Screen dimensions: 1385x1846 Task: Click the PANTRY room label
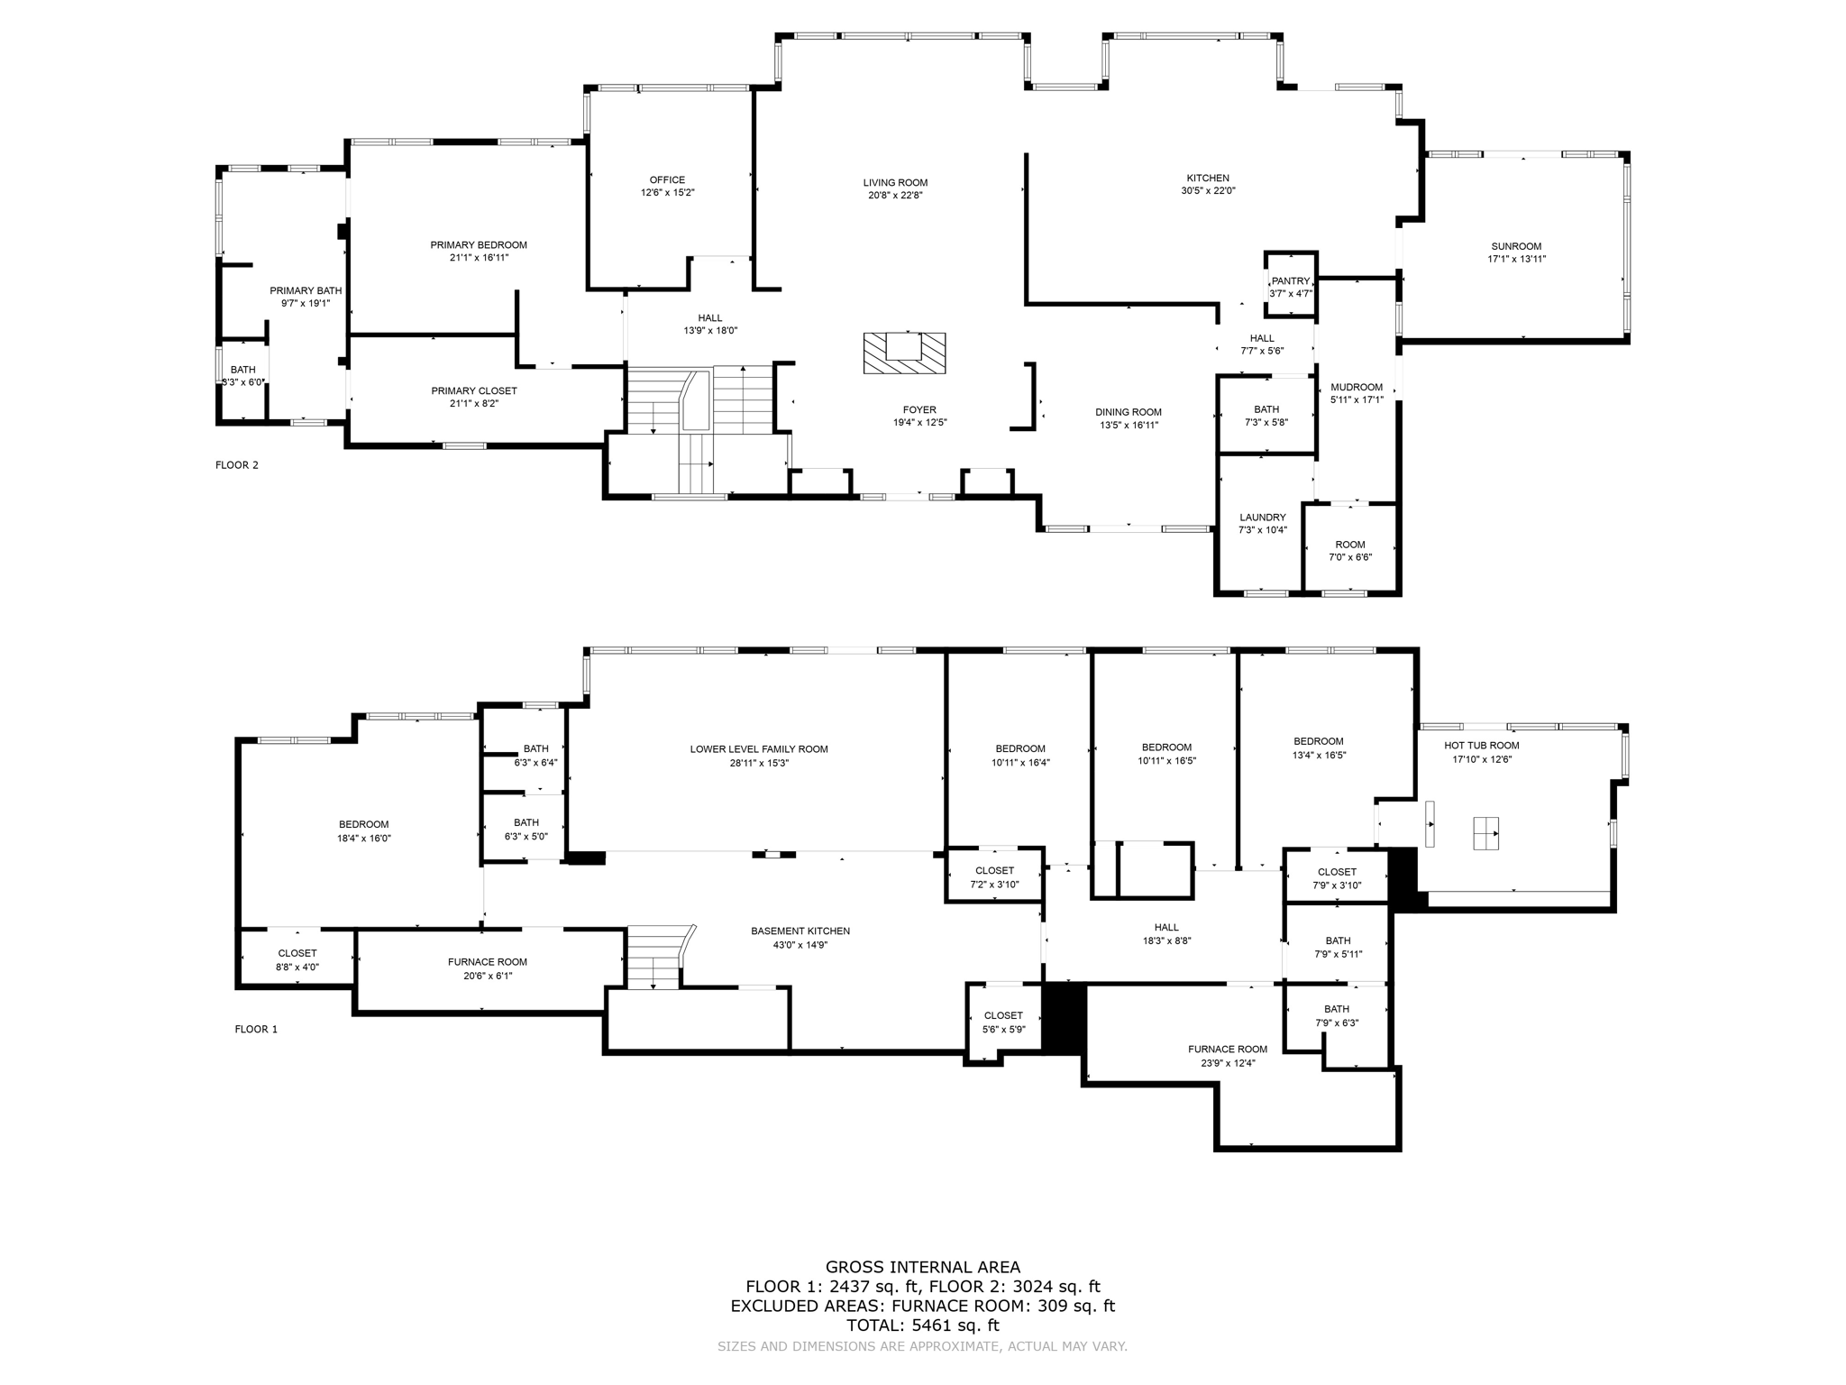click(1290, 281)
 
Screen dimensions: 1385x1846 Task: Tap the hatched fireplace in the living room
click(904, 353)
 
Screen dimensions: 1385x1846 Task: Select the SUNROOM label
click(1516, 246)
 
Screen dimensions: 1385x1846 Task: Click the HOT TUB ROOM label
click(1481, 746)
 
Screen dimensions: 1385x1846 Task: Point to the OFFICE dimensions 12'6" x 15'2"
click(667, 193)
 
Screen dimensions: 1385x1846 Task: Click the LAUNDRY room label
click(1262, 518)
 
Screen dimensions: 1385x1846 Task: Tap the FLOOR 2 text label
click(236, 465)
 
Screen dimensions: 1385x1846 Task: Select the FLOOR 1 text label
click(256, 1029)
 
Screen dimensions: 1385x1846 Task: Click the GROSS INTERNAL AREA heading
click(922, 1267)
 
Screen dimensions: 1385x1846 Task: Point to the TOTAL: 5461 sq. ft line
click(922, 1325)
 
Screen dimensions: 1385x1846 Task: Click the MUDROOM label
click(1356, 388)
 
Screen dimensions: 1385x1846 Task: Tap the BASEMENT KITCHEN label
click(800, 931)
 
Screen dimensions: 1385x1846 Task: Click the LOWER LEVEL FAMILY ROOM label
click(758, 749)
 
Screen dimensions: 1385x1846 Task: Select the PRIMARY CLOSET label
click(473, 391)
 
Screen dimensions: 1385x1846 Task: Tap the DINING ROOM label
click(1129, 412)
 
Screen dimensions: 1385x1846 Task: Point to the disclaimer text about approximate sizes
click(922, 1346)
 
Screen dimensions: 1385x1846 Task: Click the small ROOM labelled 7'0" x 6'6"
click(1349, 545)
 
